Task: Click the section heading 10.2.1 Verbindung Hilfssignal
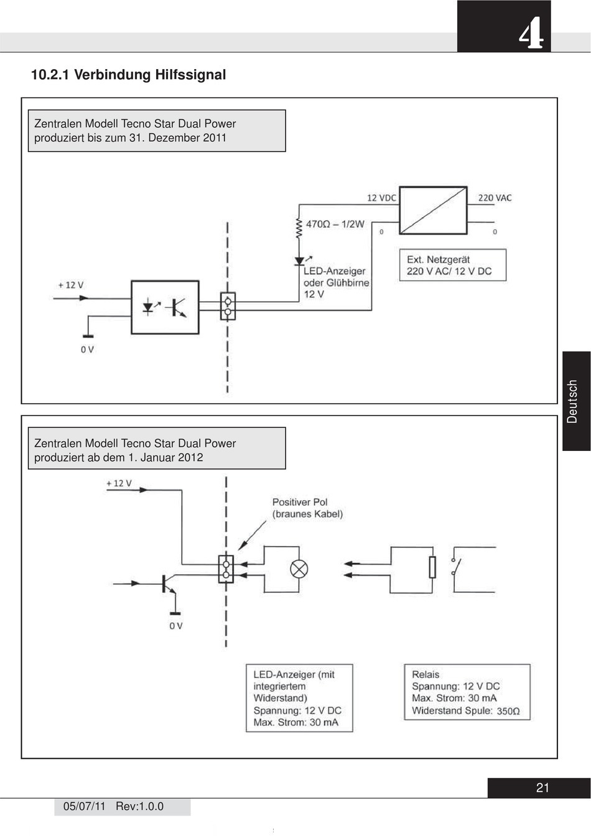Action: coord(128,75)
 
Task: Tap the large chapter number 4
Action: coord(531,36)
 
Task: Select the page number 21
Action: coord(542,788)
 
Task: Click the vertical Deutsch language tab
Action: coord(572,401)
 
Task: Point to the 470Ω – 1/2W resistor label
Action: coord(335,224)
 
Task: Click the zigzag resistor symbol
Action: coord(299,228)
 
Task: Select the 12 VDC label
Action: coord(381,198)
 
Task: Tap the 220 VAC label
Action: coord(495,198)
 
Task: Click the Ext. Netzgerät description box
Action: coord(453,265)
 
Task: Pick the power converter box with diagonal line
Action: coord(433,210)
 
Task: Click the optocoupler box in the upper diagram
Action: coord(165,307)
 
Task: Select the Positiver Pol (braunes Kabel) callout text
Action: coord(307,508)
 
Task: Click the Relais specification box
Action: coord(467,692)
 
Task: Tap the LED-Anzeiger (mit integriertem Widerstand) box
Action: coord(299,698)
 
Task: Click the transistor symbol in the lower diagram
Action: coord(168,584)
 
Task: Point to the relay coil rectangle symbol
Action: coord(432,567)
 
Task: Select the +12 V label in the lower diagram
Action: coord(119,483)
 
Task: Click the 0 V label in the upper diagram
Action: coord(87,350)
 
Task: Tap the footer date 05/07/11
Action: coord(85,806)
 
